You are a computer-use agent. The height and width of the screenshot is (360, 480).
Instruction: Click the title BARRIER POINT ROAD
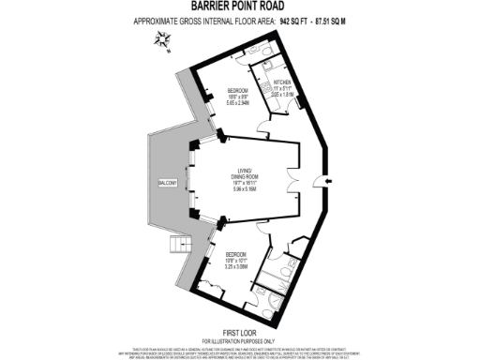click(239, 7)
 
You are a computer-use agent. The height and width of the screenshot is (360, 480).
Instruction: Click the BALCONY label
click(167, 182)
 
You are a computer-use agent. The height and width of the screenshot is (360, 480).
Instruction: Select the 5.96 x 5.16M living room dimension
click(247, 188)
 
